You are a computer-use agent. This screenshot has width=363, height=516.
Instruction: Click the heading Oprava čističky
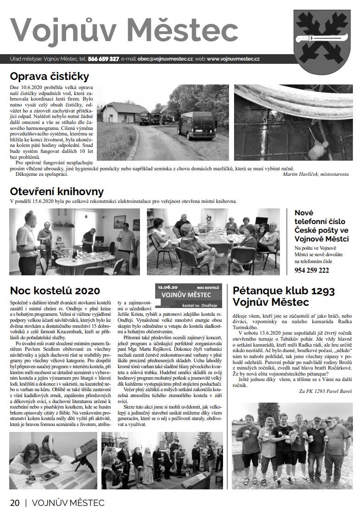tap(50, 76)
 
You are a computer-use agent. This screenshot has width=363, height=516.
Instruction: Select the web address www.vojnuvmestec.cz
tap(233, 59)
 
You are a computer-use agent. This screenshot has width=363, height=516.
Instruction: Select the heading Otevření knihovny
tap(57, 191)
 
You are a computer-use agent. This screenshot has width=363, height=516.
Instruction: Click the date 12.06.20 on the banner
tap(168, 286)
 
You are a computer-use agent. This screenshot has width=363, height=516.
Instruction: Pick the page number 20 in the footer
tap(15, 503)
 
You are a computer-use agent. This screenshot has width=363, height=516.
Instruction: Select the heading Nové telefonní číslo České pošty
tap(322, 226)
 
